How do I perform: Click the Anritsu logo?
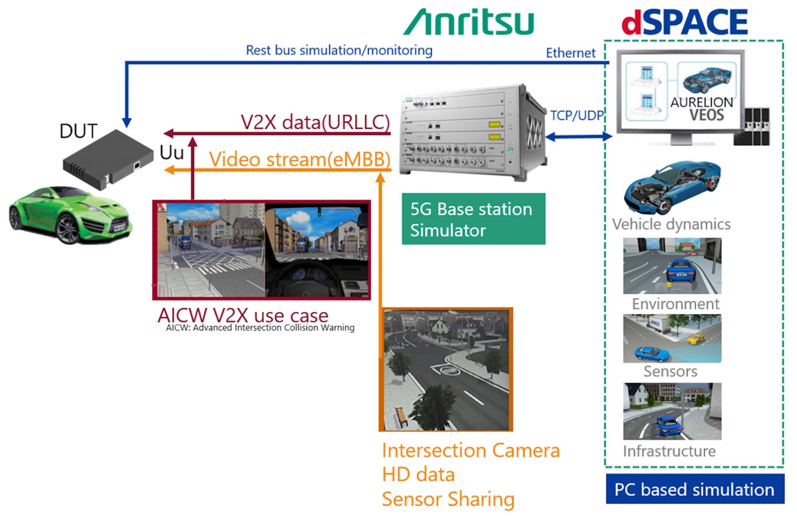469,22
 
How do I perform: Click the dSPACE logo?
685,21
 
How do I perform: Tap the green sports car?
70,215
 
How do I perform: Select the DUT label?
78,131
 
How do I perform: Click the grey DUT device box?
108,159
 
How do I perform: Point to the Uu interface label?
172,152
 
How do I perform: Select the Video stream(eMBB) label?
300,159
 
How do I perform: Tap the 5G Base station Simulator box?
474,219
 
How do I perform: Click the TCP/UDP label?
577,116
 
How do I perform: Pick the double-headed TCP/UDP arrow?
579,137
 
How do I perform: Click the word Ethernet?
570,53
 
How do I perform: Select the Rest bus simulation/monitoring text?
339,51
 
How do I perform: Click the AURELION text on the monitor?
702,102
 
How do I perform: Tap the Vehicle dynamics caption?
671,224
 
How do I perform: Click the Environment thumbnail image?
672,266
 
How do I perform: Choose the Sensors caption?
670,371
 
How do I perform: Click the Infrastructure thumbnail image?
672,411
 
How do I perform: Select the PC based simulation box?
695,489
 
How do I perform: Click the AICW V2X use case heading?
243,315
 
